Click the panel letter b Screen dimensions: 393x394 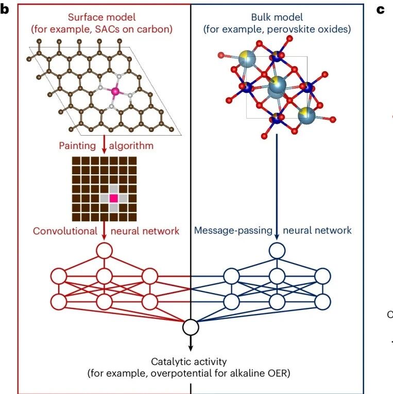pos(5,10)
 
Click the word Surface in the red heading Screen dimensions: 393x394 pos(84,18)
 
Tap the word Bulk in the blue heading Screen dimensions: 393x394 pos(261,18)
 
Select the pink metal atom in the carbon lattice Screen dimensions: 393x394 pos(115,91)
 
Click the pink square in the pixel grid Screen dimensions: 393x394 pos(114,199)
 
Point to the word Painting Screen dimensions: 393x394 pos(77,146)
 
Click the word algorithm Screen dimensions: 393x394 pos(131,146)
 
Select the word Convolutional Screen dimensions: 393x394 pos(65,231)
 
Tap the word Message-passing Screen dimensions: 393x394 pos(233,231)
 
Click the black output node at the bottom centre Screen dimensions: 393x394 pos(191,327)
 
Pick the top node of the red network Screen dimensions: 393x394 pos(104,251)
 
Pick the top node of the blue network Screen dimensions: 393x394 pos(277,251)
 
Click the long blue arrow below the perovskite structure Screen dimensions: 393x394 pos(277,187)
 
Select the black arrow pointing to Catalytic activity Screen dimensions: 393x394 pos(191,343)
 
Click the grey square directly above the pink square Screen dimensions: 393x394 pos(114,189)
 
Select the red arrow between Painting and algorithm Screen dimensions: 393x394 pos(104,144)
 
